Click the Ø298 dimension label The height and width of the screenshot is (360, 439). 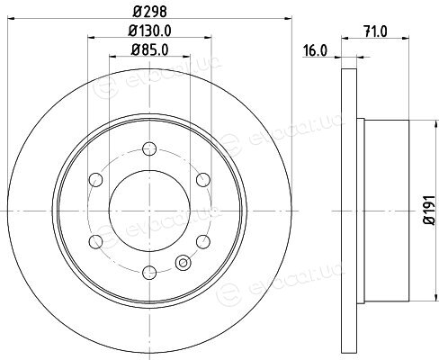(149, 12)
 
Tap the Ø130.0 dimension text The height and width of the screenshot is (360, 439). (149, 31)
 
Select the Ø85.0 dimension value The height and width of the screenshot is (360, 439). (149, 49)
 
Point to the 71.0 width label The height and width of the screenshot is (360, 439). (375, 31)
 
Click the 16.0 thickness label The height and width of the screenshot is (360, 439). (315, 50)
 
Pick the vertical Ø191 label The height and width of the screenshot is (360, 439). (429, 210)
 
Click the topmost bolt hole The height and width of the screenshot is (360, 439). (149, 148)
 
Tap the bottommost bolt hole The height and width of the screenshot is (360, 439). (149, 273)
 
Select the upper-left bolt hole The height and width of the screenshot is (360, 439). (96, 180)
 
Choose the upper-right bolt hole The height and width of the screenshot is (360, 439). (203, 180)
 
